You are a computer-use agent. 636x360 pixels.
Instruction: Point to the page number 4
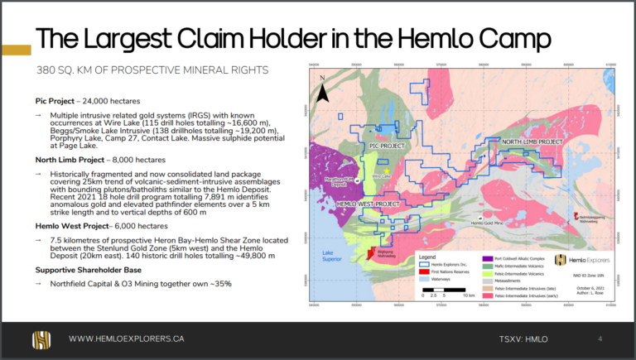point(600,338)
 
